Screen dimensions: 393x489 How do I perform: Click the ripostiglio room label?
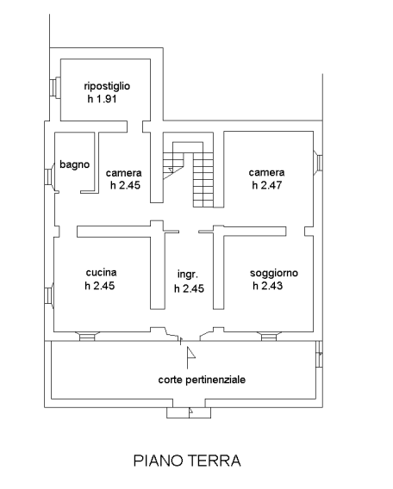[107, 86]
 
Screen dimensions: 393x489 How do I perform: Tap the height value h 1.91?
[102, 99]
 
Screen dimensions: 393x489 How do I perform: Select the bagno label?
[75, 164]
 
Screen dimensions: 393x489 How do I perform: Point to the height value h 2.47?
[267, 185]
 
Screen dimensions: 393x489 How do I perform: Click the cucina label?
[101, 272]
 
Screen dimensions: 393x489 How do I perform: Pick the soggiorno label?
[274, 273]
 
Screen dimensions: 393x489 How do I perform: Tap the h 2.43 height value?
[267, 285]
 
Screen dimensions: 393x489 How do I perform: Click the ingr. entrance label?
[188, 275]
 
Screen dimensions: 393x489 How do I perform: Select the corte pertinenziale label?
[202, 380]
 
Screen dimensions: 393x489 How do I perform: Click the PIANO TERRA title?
[187, 461]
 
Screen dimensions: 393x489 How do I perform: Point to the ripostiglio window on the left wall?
[54, 88]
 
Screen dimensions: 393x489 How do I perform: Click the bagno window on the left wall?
[49, 177]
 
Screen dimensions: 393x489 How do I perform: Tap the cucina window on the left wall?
[49, 295]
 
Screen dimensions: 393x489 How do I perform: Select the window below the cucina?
[87, 336]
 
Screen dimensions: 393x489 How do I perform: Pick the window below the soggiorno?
[269, 336]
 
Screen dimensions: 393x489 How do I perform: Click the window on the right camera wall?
[318, 162]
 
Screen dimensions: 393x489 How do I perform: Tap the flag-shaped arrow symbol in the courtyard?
[190, 357]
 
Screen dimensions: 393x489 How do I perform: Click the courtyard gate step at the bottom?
[189, 412]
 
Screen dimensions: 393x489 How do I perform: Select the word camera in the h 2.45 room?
[123, 173]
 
